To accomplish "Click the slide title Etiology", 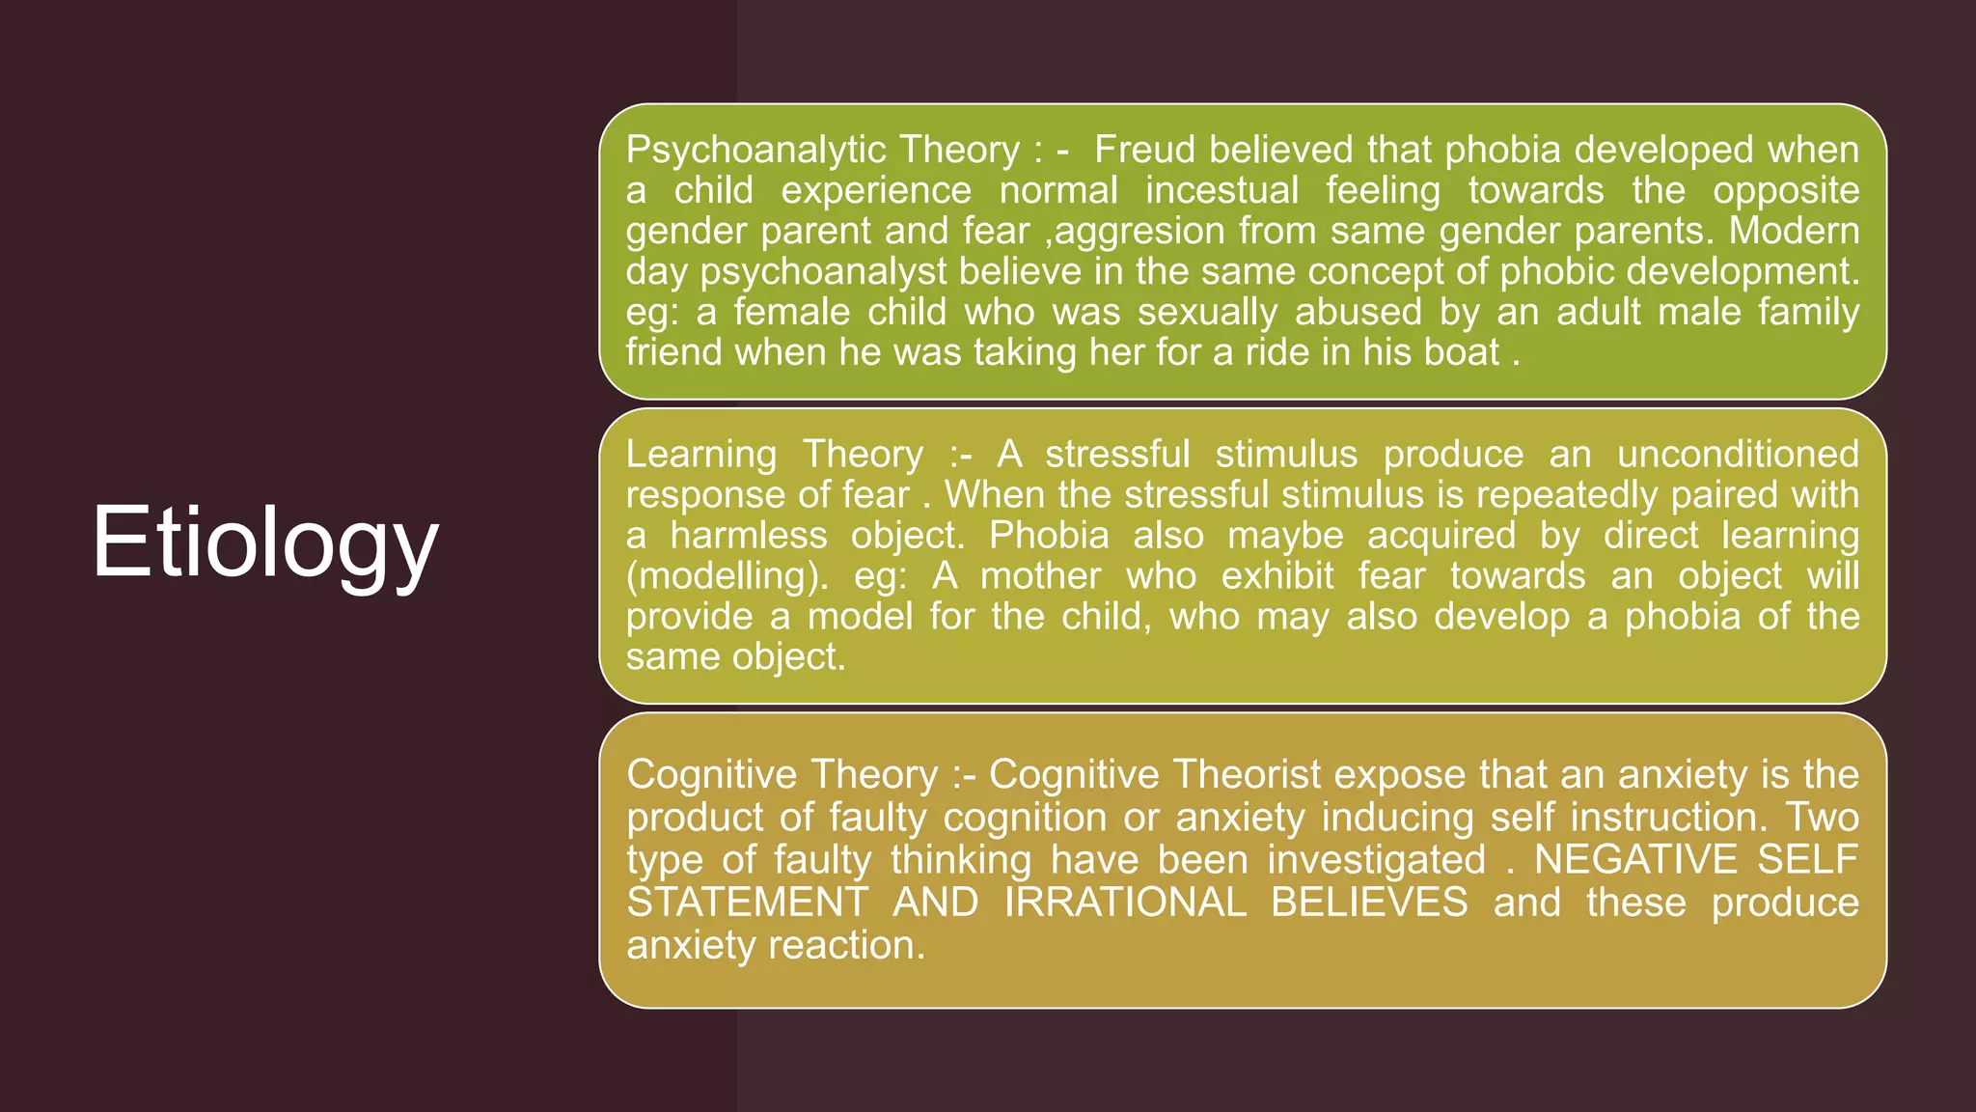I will (265, 542).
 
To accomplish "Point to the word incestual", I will (1221, 190).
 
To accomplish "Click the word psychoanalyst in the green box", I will (824, 272).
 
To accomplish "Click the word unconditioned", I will (1738, 454).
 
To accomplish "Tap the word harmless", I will (749, 535).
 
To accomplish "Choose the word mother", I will (1040, 576).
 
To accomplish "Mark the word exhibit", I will (1277, 576).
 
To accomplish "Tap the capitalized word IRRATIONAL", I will (1125, 903).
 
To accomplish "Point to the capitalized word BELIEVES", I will (1369, 903).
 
